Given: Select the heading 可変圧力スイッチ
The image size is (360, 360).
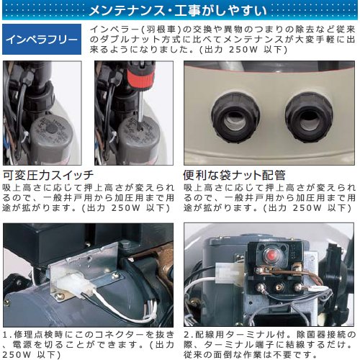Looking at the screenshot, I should click(48, 175).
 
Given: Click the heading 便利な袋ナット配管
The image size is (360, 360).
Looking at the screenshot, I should click(235, 175).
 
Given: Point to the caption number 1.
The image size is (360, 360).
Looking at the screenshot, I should click(6, 335).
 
